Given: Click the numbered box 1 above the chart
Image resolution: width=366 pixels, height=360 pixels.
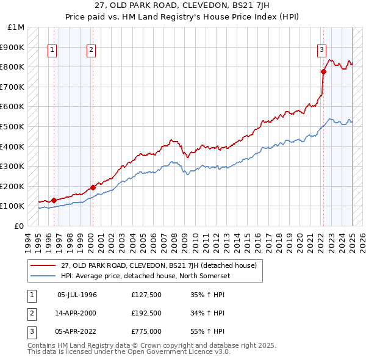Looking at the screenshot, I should (52, 51).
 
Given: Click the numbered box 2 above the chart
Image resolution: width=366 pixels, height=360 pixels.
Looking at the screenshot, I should (91, 51).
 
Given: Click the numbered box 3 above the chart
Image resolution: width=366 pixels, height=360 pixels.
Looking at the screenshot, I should (321, 51).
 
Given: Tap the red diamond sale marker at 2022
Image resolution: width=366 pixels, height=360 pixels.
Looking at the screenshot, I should (323, 72).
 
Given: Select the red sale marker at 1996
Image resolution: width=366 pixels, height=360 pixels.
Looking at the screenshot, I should (54, 200).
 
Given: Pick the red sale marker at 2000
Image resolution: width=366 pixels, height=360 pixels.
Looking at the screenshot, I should (93, 187).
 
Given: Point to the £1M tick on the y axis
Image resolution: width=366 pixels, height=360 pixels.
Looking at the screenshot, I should (16, 27).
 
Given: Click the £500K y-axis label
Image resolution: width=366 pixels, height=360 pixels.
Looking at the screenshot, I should (13, 126).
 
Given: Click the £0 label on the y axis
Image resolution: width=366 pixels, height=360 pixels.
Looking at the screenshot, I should (19, 226).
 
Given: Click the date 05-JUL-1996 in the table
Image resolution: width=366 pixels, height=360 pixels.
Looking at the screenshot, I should (77, 295).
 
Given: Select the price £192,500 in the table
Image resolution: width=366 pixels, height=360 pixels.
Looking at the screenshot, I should (146, 314).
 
